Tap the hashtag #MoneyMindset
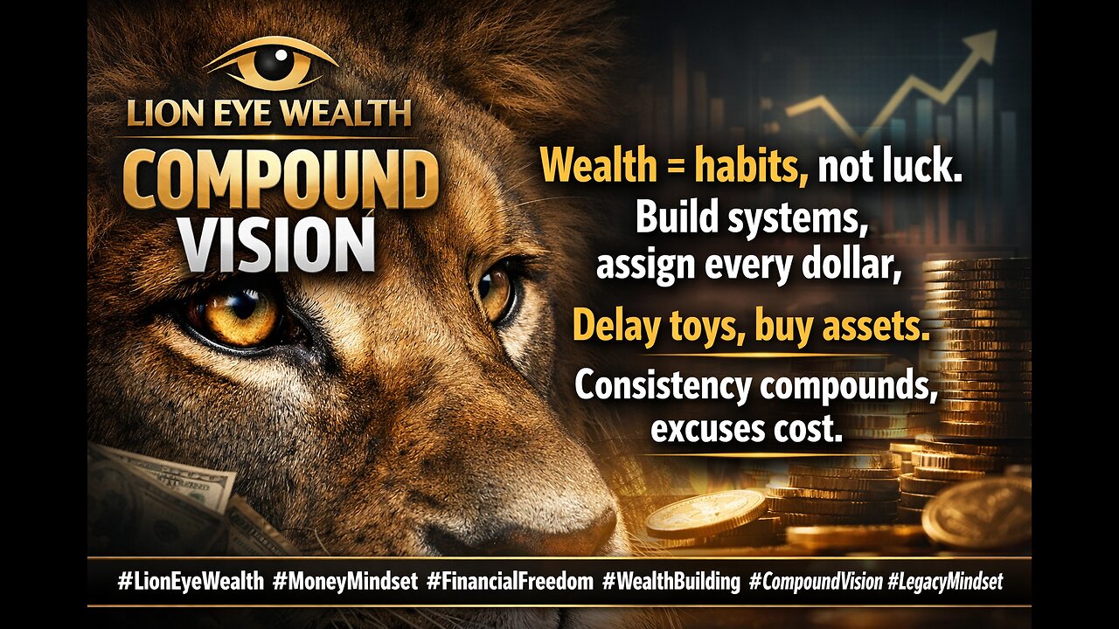(345, 582)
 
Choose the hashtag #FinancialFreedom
(510, 582)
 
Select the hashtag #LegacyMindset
(945, 582)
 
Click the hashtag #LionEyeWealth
(191, 582)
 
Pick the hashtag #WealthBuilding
(671, 582)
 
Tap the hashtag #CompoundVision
(816, 582)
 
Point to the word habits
(751, 166)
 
